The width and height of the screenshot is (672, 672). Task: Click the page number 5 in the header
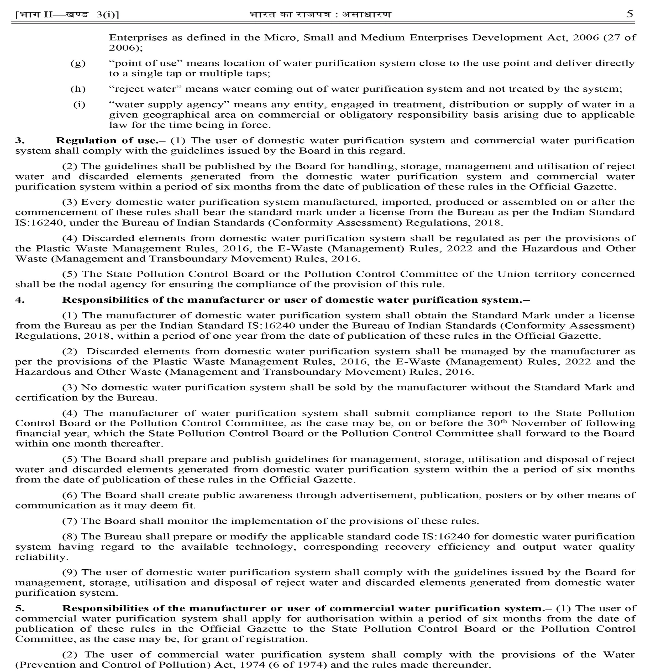point(629,14)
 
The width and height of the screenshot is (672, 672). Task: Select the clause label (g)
point(78,63)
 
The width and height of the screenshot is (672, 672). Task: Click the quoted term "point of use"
point(146,63)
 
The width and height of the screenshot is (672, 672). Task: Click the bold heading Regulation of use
point(107,140)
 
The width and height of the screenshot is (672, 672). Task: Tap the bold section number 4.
point(20,300)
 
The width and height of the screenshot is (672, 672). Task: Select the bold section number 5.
point(20,608)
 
